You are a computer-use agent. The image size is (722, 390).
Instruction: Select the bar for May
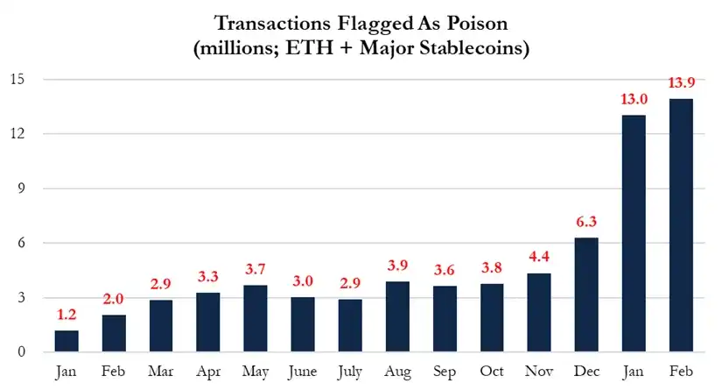(x=255, y=318)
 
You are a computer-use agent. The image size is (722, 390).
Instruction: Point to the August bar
(x=396, y=316)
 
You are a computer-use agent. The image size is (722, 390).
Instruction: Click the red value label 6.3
(x=585, y=223)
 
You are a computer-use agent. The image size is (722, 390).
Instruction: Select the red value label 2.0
(x=113, y=299)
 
